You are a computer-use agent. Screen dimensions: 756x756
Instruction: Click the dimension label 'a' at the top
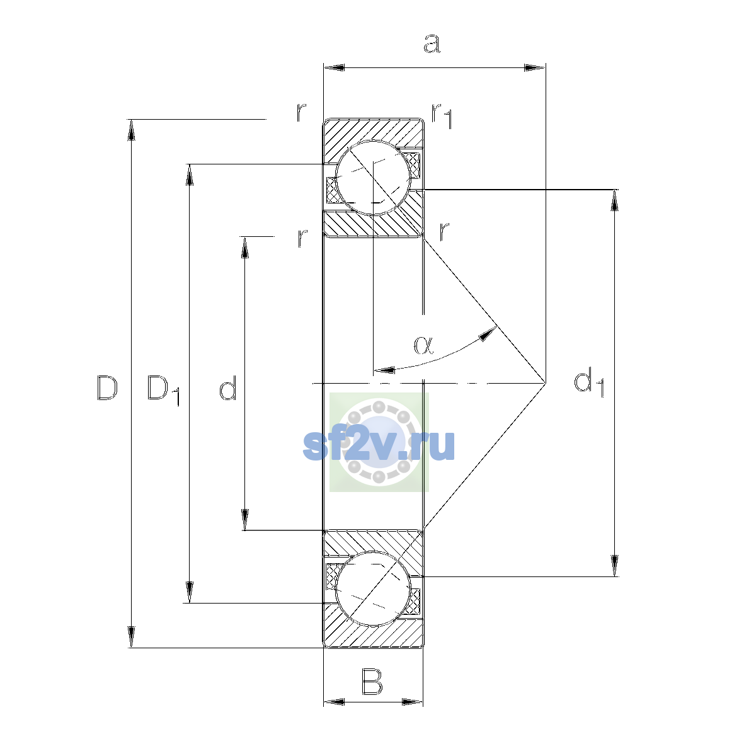432,43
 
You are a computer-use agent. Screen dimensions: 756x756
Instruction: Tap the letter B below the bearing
372,682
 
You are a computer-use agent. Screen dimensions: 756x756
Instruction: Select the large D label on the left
106,387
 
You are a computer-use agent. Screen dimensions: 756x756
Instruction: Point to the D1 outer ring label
163,389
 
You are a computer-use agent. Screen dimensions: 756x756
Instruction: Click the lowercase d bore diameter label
227,387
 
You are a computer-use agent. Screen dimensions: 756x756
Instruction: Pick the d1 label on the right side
589,382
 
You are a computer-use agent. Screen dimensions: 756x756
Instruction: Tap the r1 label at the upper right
442,116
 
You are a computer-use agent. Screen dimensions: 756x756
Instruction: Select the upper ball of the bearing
373,178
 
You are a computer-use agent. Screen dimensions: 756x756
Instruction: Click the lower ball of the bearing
373,588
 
